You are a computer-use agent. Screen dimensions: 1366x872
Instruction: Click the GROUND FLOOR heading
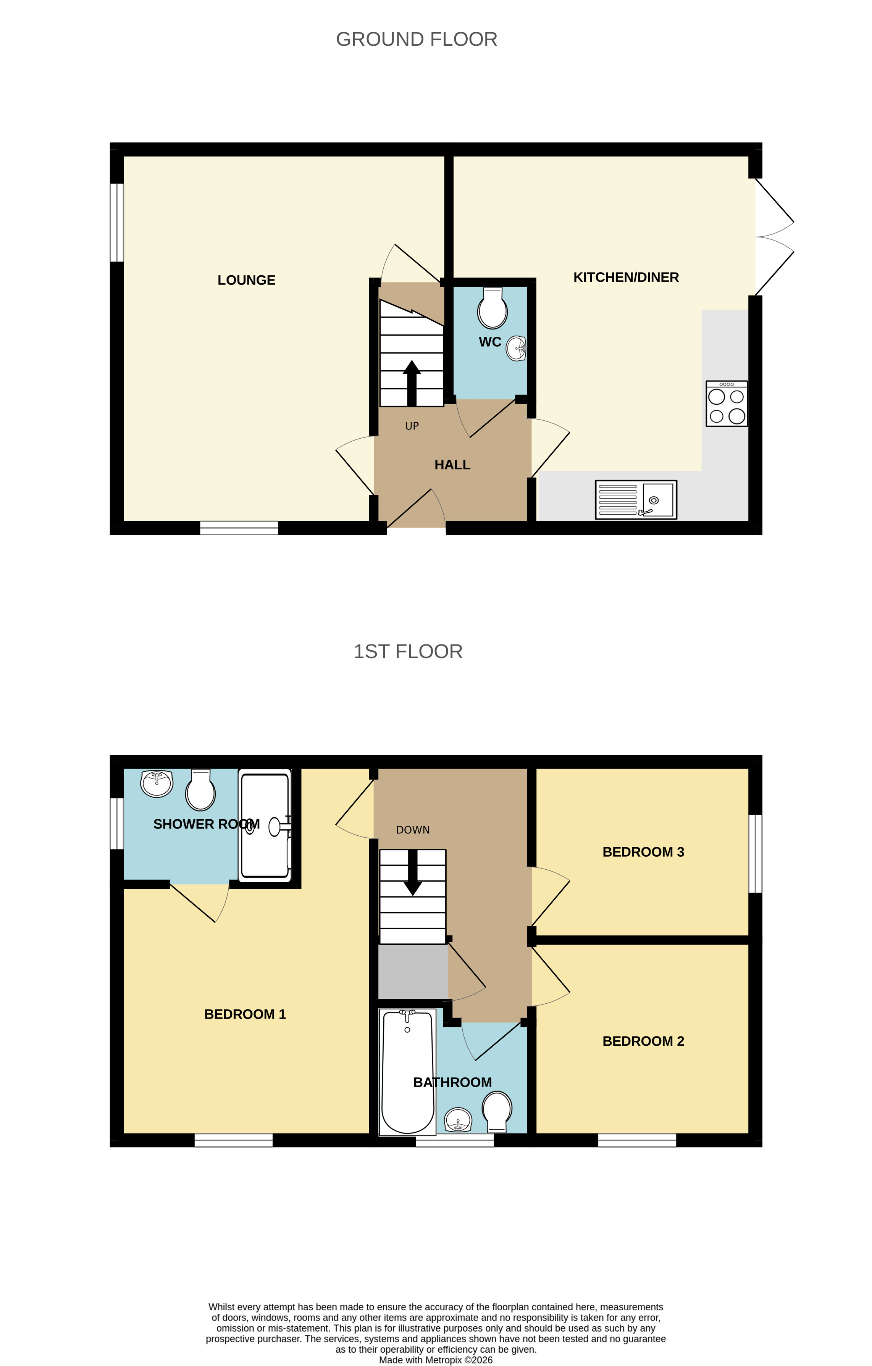(x=417, y=39)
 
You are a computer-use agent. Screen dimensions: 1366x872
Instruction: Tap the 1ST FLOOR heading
(x=407, y=651)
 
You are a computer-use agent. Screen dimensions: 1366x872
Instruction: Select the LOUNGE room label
(x=246, y=280)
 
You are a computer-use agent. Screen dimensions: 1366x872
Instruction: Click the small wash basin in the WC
(x=516, y=348)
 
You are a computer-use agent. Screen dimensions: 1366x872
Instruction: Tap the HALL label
(x=452, y=465)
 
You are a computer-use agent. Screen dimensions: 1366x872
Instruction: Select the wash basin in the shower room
(x=157, y=783)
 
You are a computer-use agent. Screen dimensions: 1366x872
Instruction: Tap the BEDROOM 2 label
(x=643, y=1041)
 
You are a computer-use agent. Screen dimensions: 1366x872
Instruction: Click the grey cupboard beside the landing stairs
(x=412, y=971)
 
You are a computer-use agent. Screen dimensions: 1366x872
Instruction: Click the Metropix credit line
(x=435, y=1360)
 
